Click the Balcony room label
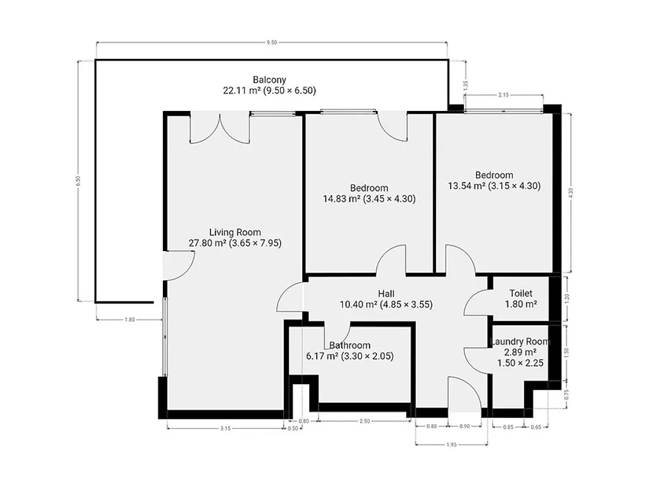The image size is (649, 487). point(269,79)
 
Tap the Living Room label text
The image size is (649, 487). point(235,232)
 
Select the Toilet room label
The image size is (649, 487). point(521,293)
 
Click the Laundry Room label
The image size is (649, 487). point(520,342)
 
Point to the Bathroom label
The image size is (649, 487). point(350,346)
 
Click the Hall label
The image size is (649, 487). point(386,294)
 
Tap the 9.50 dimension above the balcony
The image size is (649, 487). point(271,42)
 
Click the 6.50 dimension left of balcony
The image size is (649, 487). point(78,181)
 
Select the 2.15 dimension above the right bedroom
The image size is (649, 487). point(503,95)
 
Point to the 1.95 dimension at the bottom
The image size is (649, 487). point(451,445)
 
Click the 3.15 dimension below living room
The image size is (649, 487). point(225,429)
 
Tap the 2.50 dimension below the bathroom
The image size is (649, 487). point(364,421)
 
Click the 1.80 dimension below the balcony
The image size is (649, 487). point(129,320)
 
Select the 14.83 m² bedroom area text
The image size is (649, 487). point(342,198)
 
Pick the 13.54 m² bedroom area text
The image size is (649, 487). point(466,186)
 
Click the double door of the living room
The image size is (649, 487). point(220,128)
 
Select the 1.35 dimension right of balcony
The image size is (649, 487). point(466,86)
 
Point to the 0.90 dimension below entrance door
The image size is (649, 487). point(465,426)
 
